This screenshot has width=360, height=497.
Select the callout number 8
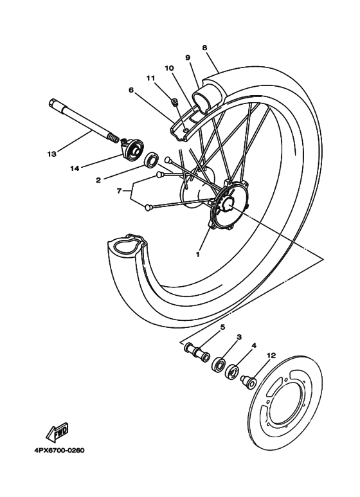204,48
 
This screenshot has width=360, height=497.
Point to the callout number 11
150,78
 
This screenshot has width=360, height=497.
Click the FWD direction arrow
61,430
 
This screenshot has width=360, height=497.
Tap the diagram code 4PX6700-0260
55,450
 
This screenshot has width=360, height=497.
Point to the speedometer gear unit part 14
133,150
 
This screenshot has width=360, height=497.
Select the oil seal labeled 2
152,159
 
